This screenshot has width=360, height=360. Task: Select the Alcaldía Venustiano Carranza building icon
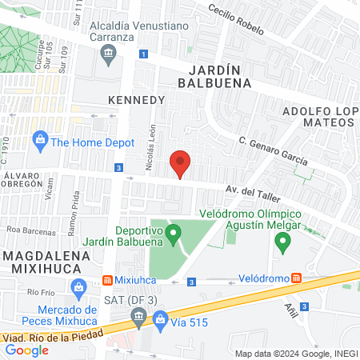[108, 54]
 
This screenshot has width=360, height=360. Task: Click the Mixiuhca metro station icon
[107, 281]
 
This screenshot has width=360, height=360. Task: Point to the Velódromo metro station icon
[297, 278]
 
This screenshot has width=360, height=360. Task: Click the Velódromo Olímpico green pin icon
[281, 244]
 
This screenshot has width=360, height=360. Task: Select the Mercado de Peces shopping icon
[78, 286]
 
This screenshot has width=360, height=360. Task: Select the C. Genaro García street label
[274, 149]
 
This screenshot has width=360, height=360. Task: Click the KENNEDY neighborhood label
[136, 100]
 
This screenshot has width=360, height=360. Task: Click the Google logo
[26, 349]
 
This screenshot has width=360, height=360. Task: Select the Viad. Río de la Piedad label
[52, 337]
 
